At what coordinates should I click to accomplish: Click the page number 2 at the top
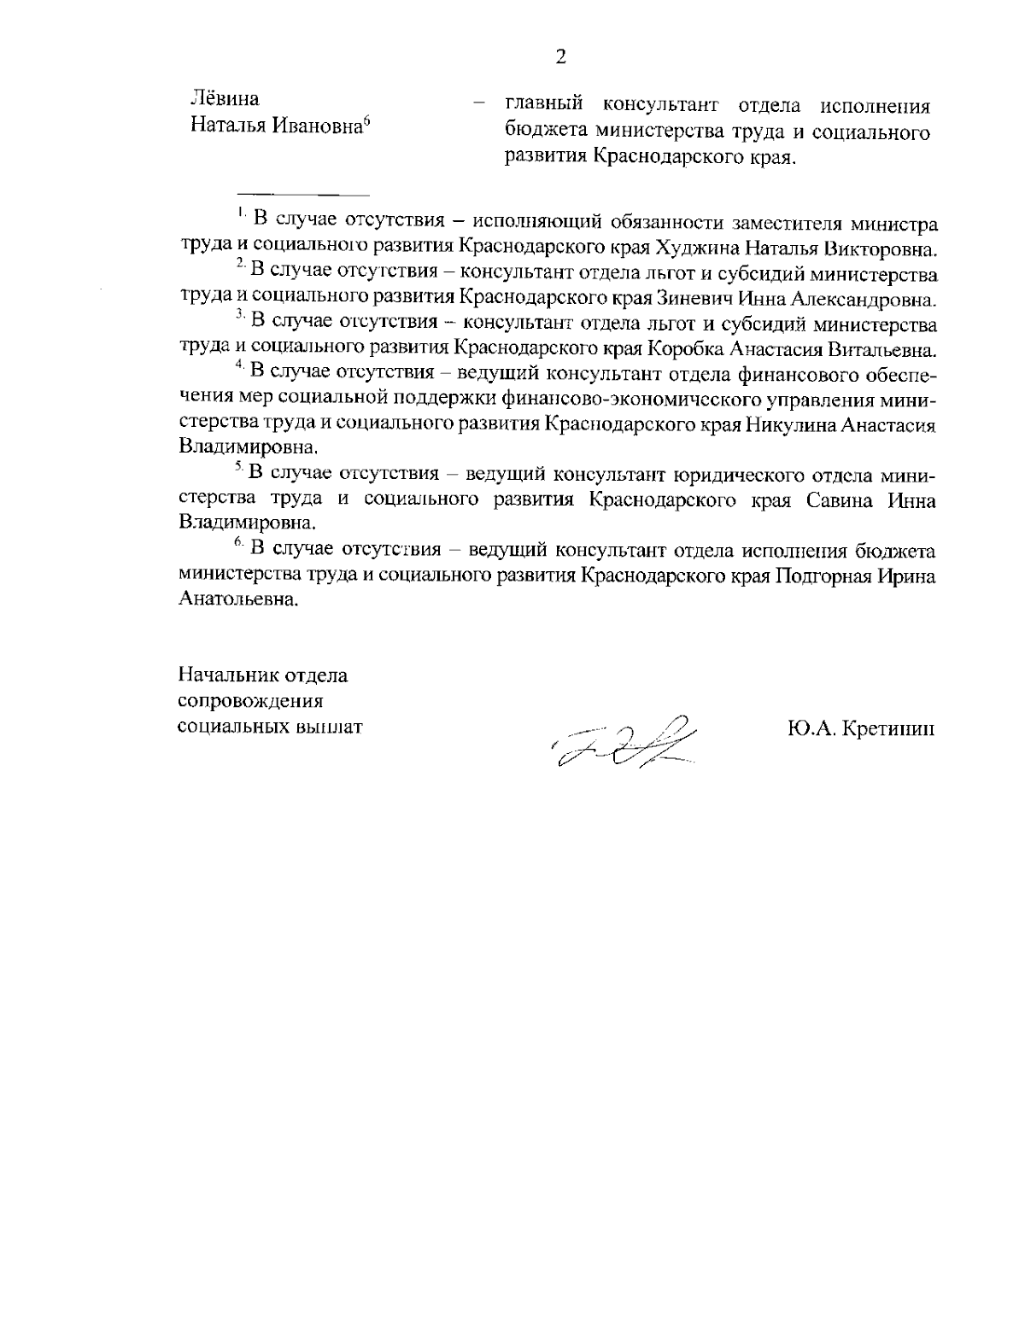tap(560, 58)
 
